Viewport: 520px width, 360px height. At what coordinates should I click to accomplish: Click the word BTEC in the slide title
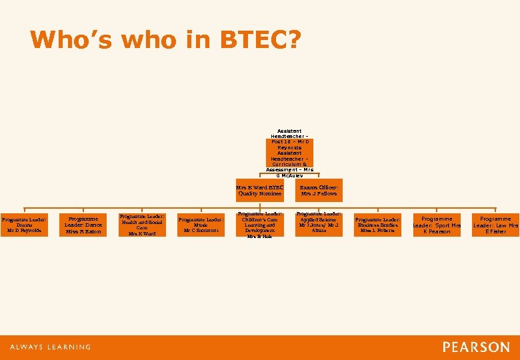click(x=260, y=40)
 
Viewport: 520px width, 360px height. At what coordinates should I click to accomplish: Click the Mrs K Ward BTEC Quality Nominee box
click(x=260, y=190)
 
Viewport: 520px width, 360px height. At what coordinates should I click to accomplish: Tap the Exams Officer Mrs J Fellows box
click(x=319, y=190)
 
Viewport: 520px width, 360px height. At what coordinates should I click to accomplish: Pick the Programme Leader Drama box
click(x=24, y=225)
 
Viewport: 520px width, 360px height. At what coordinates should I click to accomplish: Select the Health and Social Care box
click(x=141, y=225)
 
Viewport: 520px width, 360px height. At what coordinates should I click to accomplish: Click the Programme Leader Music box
click(x=201, y=225)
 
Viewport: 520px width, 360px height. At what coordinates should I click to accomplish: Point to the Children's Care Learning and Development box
click(x=260, y=225)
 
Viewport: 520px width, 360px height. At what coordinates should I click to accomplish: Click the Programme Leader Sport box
click(x=437, y=225)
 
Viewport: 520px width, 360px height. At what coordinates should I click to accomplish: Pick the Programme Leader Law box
click(x=495, y=225)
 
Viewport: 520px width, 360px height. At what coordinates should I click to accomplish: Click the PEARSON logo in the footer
click(x=475, y=347)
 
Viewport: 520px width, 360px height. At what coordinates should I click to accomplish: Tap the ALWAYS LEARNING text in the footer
click(x=51, y=347)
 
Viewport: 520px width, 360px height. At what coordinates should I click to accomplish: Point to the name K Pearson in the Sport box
click(x=437, y=231)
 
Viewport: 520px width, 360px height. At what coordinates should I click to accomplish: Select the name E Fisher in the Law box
click(x=495, y=231)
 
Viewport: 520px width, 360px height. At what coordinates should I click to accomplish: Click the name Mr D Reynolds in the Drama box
click(x=24, y=231)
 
